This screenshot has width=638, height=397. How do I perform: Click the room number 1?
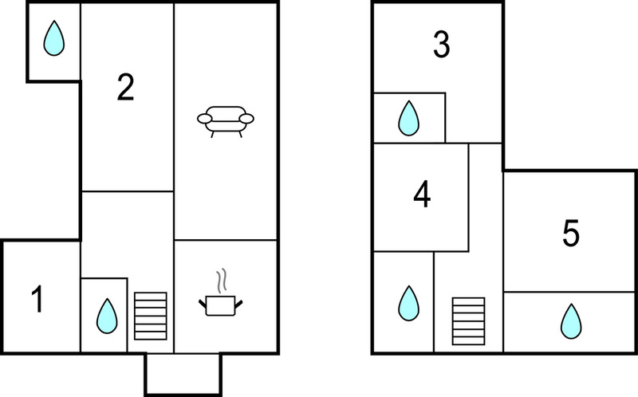[37, 299]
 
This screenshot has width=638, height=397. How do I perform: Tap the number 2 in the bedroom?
[125, 87]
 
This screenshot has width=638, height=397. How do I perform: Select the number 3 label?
[442, 45]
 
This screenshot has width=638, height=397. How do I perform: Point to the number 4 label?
[422, 195]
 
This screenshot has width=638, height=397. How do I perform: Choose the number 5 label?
[570, 233]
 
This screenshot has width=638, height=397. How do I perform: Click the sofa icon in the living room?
[226, 122]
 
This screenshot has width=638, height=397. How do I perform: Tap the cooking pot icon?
[221, 305]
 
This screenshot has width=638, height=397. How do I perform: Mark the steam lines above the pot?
[222, 281]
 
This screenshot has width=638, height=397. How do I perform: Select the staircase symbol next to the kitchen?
[151, 316]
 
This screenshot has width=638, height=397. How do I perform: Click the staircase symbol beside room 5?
[468, 321]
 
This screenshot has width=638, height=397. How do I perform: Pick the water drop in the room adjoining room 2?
[53, 37]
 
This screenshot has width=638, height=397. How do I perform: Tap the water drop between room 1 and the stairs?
[107, 316]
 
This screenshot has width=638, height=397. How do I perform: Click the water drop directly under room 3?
[408, 118]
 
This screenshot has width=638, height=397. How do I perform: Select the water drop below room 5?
[571, 321]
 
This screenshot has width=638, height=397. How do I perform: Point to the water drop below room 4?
[408, 303]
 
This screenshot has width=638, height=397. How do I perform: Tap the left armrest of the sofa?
[205, 118]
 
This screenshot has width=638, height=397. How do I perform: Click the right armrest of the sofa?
[246, 118]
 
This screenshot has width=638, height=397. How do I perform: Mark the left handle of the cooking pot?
[203, 304]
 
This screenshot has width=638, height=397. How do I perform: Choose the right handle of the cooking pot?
[238, 304]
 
